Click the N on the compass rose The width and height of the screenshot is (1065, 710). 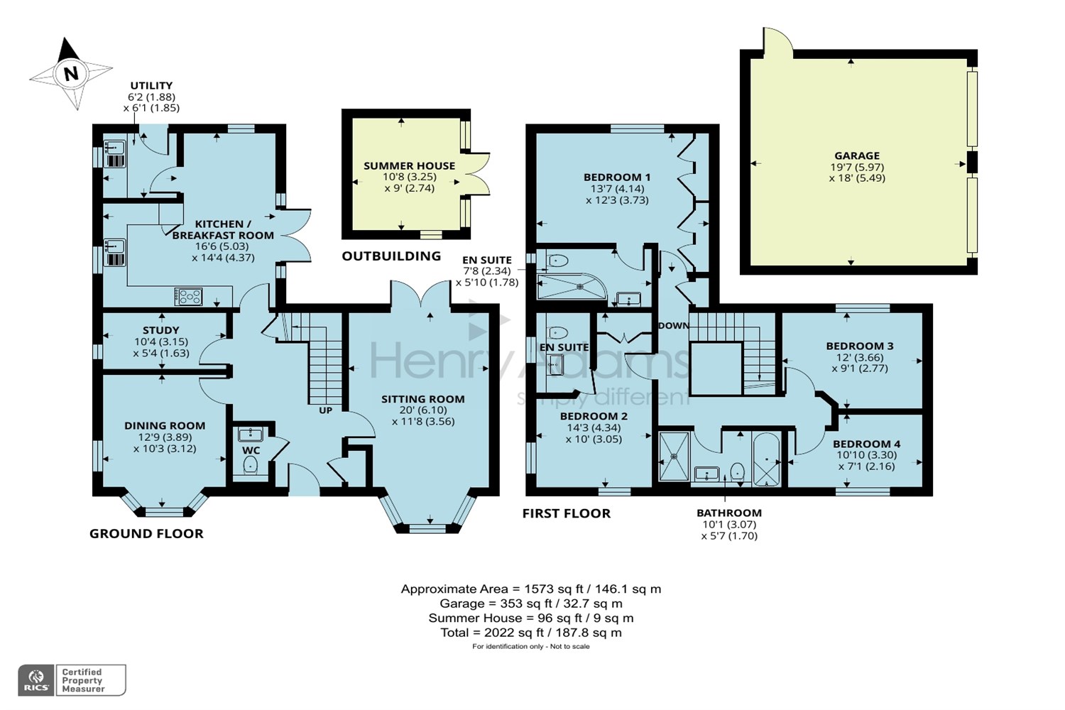pos(70,74)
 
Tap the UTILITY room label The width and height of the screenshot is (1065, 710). pos(151,86)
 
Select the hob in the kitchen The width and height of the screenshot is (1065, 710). pos(189,296)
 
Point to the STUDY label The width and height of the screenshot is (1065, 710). pos(161,330)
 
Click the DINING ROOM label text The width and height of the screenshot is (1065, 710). pos(165,426)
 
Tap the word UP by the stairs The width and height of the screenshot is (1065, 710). pos(325,410)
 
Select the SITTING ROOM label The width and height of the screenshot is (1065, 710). pos(422,399)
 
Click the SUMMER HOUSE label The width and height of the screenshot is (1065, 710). pos(409,166)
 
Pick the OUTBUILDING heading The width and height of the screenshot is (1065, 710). pos(391,256)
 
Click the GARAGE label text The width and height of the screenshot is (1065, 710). pos(857,156)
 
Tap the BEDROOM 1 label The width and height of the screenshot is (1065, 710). pos(616,177)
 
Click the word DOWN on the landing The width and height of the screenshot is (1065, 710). pos(673,326)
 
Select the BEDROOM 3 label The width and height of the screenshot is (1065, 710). pos(859,346)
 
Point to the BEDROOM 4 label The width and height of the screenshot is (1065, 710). pos(866,444)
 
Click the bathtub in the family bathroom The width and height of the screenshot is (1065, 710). pos(766,459)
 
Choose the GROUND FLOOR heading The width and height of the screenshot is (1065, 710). pos(146,534)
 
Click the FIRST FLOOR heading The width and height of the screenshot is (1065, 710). pos(566,513)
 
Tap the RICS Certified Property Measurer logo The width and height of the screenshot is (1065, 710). pos(72,680)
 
